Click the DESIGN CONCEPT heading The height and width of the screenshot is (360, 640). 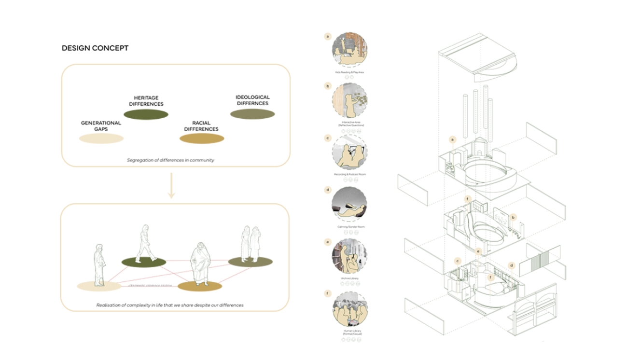point(95,48)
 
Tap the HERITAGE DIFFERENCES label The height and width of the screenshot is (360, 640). point(146,101)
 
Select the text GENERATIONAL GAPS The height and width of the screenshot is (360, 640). point(101,126)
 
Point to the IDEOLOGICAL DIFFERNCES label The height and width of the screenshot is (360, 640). point(252,100)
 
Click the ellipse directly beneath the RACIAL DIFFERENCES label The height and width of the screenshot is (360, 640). point(202,139)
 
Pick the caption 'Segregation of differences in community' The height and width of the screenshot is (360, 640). point(171,160)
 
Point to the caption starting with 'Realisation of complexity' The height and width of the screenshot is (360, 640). point(169,305)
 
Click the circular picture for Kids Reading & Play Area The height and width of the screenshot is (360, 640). point(349,50)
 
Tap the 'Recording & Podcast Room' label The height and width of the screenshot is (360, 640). point(349,174)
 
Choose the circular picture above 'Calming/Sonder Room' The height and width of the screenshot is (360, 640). point(349,204)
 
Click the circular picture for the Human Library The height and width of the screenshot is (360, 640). point(349,309)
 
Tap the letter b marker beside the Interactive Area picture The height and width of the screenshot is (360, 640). point(328,87)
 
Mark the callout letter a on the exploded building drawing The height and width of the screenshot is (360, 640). point(452,140)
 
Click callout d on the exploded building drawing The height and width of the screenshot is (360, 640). point(511,265)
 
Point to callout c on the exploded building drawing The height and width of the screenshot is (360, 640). point(457,261)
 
